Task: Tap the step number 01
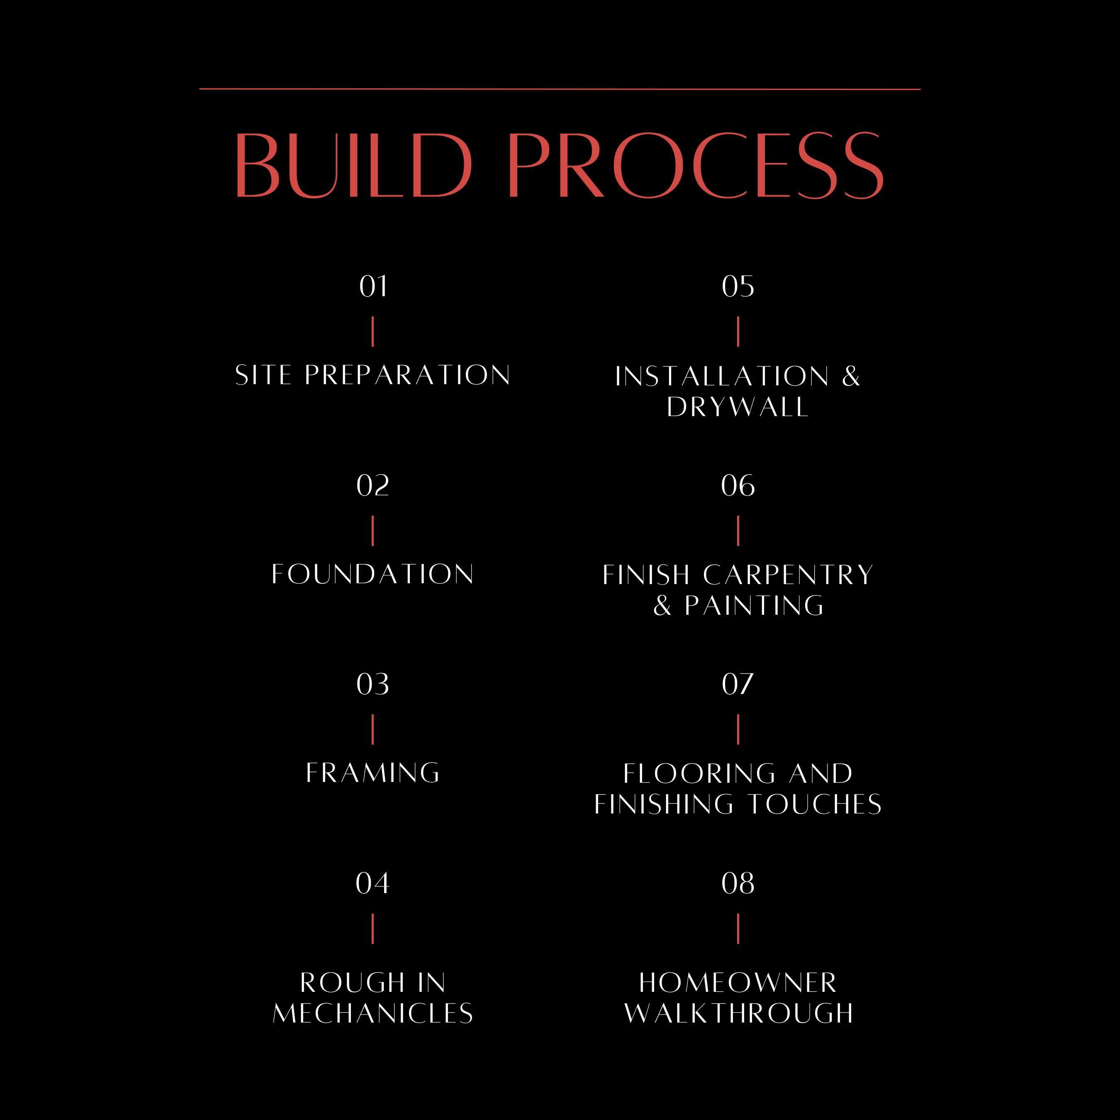(373, 286)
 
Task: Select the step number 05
(738, 286)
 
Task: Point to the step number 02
(373, 485)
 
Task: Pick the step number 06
(738, 485)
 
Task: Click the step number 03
(373, 684)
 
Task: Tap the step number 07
(738, 684)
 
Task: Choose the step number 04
(373, 883)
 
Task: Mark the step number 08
(738, 883)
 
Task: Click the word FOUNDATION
(373, 574)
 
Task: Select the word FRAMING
(373, 773)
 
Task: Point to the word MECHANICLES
(373, 1013)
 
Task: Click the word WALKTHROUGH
(738, 1013)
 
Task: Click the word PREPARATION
(407, 375)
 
